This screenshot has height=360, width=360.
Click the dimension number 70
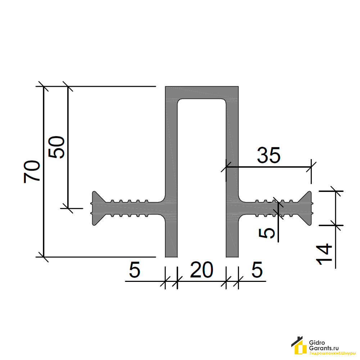(x=32, y=171)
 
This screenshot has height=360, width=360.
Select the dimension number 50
(x=56, y=147)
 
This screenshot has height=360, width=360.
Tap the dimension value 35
(x=269, y=155)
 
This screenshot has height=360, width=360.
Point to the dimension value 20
(x=202, y=269)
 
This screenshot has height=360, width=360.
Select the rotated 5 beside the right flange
(x=267, y=234)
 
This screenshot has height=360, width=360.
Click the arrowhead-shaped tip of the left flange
(x=93, y=208)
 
